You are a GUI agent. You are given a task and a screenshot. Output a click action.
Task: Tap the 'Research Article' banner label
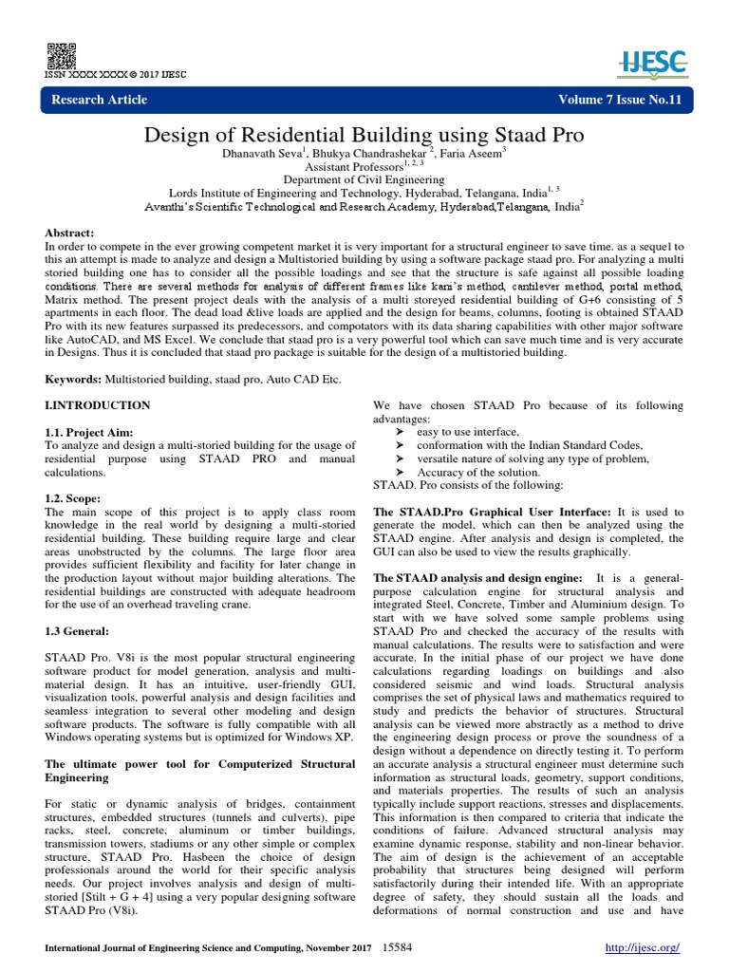(x=100, y=100)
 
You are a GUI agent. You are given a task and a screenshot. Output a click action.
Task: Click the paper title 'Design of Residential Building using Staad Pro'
(x=364, y=136)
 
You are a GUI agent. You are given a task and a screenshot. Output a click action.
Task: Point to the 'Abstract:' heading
(x=70, y=233)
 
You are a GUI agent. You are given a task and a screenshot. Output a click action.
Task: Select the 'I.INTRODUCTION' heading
(x=98, y=405)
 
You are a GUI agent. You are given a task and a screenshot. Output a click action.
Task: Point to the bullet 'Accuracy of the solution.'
(x=471, y=472)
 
